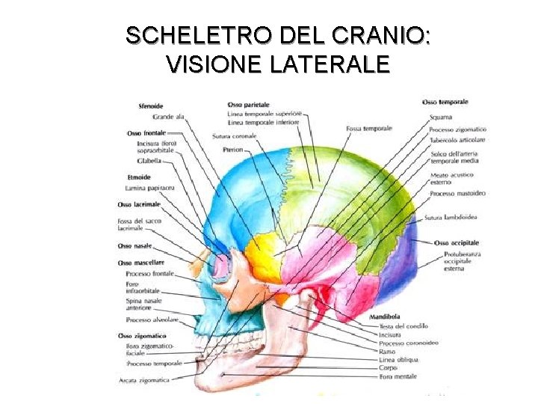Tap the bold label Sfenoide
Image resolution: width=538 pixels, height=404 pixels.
(x=151, y=106)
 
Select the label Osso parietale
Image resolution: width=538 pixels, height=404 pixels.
(x=248, y=104)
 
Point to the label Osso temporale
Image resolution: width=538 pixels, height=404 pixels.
(x=445, y=102)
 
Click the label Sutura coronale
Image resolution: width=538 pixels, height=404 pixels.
(x=234, y=136)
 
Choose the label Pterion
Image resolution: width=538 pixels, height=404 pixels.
(x=233, y=150)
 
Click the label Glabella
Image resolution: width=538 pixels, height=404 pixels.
(x=149, y=160)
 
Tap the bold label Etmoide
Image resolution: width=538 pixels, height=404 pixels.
(x=139, y=177)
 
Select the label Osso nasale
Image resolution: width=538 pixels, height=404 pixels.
(x=135, y=245)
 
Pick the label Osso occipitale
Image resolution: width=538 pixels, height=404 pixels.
(x=457, y=243)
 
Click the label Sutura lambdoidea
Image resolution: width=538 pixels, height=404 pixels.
(x=451, y=218)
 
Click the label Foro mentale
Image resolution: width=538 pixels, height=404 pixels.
(x=398, y=376)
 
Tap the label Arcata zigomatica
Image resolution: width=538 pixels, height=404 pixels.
(x=144, y=380)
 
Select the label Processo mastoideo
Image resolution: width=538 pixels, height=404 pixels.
(x=457, y=193)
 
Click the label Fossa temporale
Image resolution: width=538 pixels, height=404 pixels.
(x=369, y=129)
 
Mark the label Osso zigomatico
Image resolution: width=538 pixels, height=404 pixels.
(x=143, y=336)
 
